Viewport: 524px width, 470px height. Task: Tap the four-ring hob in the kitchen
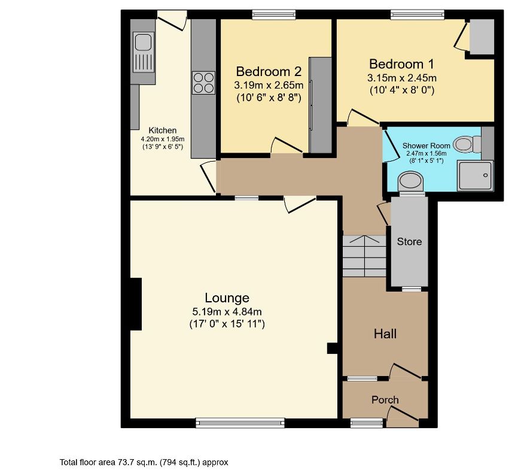pos(203,83)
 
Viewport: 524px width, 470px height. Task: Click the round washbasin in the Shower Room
pos(410,180)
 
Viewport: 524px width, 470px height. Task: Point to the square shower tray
pos(475,176)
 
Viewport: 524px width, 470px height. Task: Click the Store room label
pos(409,242)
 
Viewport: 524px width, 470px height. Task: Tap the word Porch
pos(385,400)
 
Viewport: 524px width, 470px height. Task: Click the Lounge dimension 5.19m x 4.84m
pos(227,311)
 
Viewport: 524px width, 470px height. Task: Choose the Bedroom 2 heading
pos(269,71)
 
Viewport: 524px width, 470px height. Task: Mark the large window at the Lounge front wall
pos(240,423)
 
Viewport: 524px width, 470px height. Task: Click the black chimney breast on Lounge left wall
pos(136,304)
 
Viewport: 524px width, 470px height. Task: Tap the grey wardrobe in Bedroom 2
pos(321,105)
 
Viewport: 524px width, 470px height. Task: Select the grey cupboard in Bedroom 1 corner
pos(482,36)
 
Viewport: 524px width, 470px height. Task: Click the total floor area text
pos(144,462)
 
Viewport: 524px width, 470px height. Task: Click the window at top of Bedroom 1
pos(418,14)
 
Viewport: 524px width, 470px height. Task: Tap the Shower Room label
pos(426,145)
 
